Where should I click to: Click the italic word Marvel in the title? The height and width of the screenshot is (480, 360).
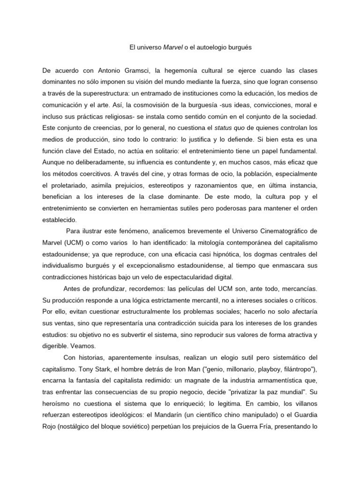tap(172, 47)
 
